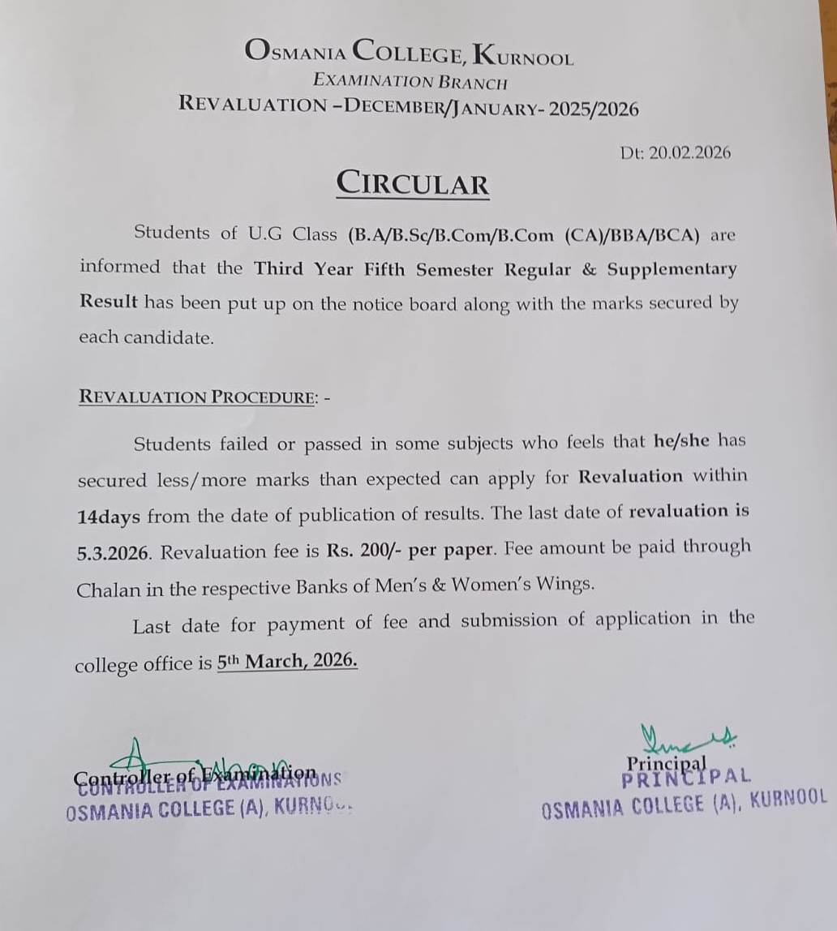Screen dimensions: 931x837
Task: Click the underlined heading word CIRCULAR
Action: pos(413,183)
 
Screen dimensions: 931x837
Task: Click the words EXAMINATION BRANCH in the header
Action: pos(410,81)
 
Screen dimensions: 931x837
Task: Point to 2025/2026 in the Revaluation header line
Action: pos(594,108)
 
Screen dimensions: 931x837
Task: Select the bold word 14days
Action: pos(109,517)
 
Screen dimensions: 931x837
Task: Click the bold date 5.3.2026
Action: pos(113,553)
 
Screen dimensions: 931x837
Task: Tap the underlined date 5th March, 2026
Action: pos(287,661)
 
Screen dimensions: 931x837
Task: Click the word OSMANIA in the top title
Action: pos(295,51)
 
